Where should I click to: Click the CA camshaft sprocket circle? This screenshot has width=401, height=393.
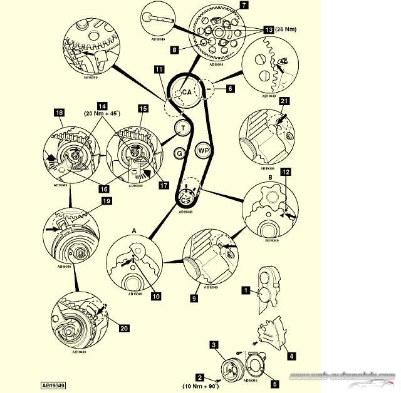point(186,93)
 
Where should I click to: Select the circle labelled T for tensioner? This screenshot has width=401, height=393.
point(182,129)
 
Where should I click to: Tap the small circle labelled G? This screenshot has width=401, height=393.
point(179,153)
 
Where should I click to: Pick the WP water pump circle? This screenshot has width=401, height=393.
point(202,151)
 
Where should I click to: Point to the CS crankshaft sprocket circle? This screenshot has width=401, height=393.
point(185,199)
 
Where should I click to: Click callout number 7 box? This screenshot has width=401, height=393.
point(244,6)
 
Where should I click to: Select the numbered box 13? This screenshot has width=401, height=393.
point(268,29)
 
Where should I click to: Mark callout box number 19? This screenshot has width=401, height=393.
point(106,202)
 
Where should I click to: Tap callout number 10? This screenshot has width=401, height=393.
point(156,296)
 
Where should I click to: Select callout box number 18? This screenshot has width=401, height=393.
point(60,113)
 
